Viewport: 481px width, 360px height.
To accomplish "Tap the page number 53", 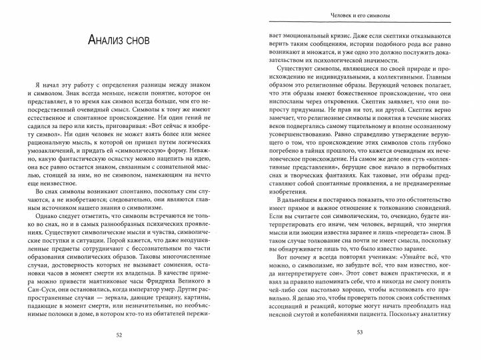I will [359, 334].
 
